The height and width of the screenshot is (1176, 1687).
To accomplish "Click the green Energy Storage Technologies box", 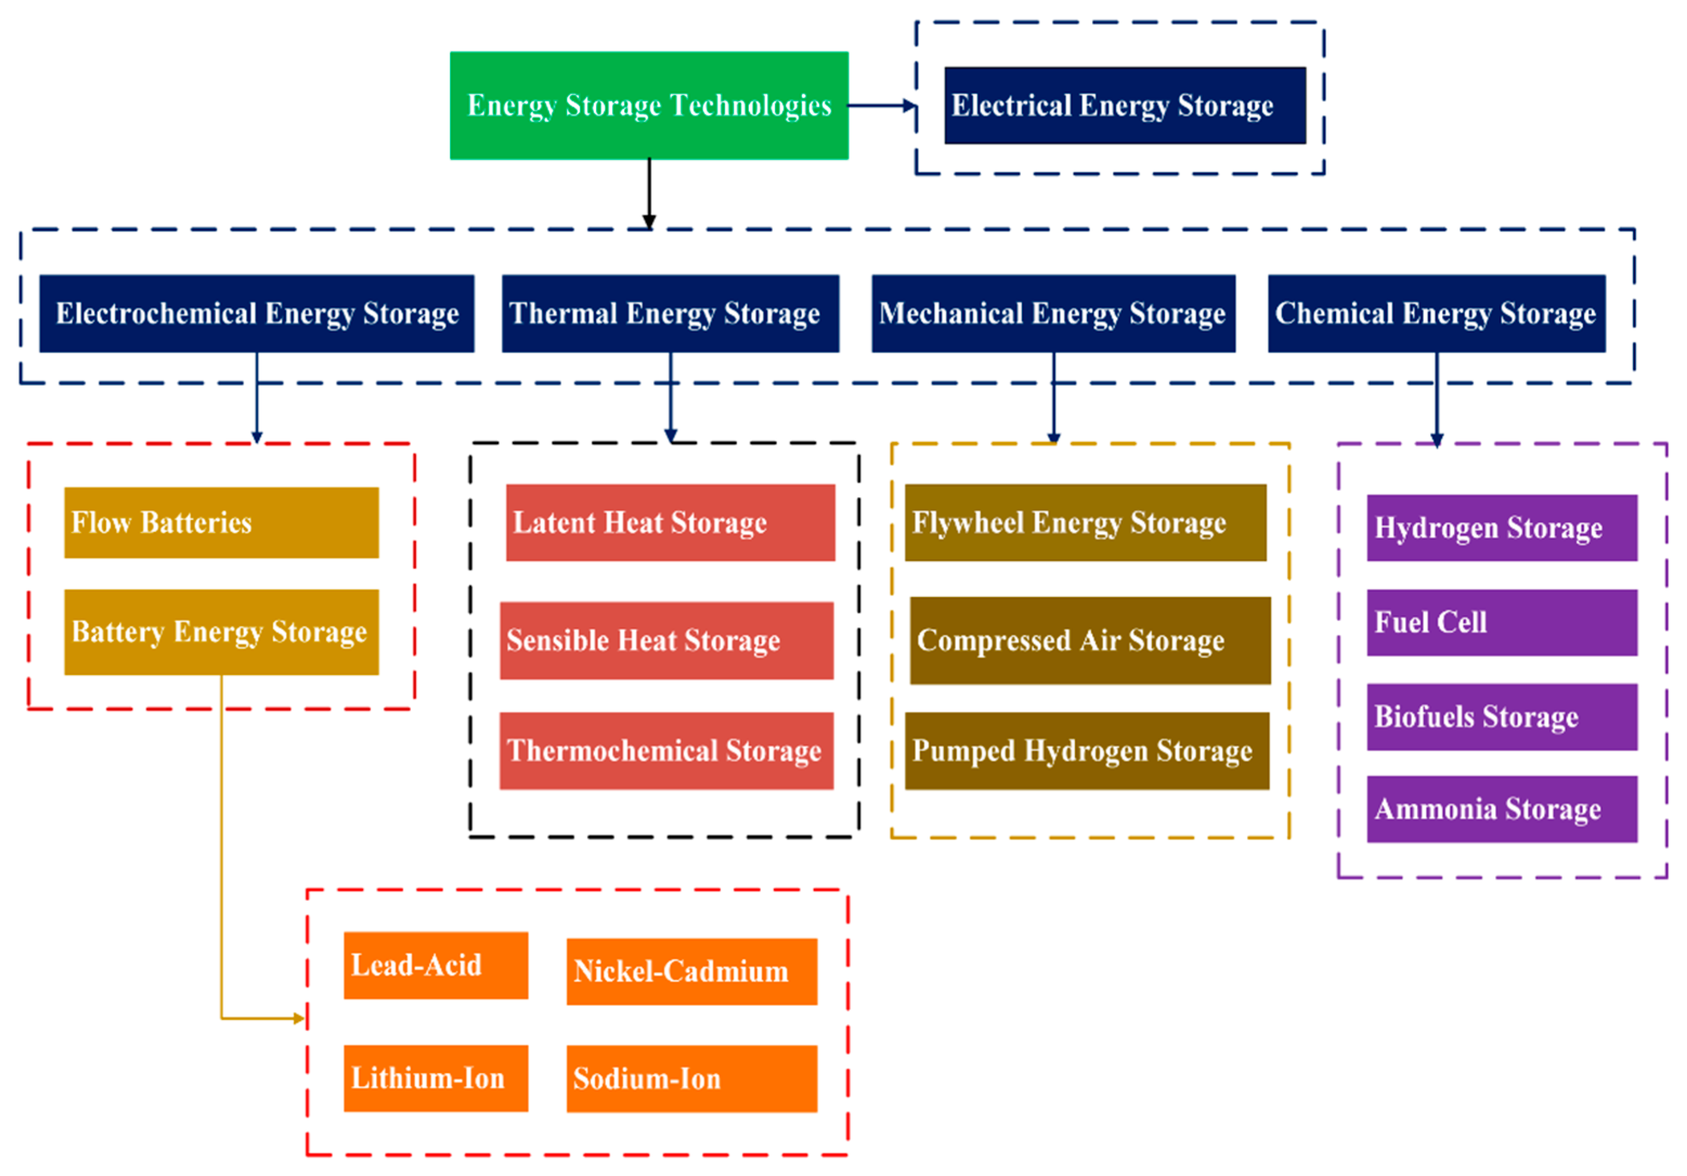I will pyautogui.click(x=649, y=105).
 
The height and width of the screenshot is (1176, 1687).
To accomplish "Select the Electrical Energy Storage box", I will pyautogui.click(x=1124, y=105).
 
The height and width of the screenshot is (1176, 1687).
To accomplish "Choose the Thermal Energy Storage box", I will pyautogui.click(x=670, y=314).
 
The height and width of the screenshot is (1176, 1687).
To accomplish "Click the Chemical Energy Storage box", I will pyautogui.click(x=1436, y=314).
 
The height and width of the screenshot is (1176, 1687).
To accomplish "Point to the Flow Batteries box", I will pyautogui.click(x=221, y=523).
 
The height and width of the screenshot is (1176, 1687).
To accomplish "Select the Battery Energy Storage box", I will pyautogui.click(x=221, y=632).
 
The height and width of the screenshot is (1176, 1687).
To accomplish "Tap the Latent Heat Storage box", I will pyautogui.click(x=670, y=523).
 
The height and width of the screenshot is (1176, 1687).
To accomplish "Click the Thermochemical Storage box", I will pyautogui.click(x=667, y=750).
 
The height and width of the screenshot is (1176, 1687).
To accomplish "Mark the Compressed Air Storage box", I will pyautogui.click(x=1090, y=640).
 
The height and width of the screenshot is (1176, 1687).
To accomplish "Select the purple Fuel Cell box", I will pyautogui.click(x=1501, y=622).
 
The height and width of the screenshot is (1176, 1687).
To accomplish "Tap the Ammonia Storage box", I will pyautogui.click(x=1501, y=809).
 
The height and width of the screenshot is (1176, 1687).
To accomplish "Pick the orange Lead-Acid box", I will pyautogui.click(x=436, y=965).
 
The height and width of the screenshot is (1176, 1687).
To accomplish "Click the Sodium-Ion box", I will pyautogui.click(x=692, y=1078).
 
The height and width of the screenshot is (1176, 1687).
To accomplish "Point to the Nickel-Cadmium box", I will pyautogui.click(x=692, y=971).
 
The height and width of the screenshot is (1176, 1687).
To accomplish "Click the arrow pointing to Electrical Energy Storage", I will pyautogui.click(x=882, y=106).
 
